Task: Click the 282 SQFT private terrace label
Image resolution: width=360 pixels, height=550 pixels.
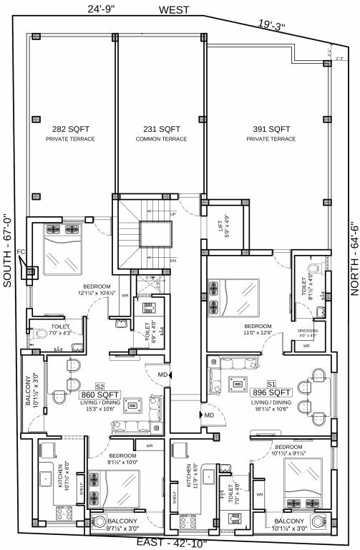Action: point(70,133)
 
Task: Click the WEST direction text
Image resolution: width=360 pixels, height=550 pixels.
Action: point(175,10)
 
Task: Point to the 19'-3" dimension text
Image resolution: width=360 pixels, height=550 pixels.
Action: point(272,26)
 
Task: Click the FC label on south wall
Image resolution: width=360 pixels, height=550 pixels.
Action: point(21,252)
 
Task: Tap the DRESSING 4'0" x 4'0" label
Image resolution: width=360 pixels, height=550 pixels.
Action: point(308,332)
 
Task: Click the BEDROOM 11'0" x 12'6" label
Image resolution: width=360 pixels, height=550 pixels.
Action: point(257,328)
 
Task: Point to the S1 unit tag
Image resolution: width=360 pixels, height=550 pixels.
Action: point(271,383)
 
